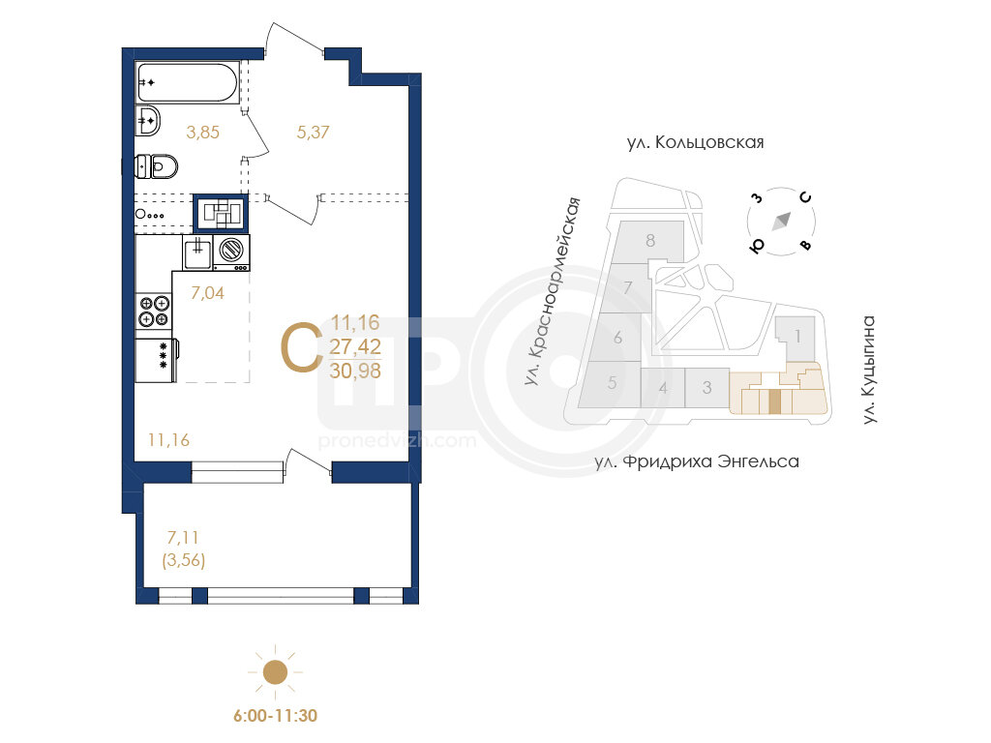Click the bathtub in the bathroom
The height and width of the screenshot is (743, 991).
pyautogui.click(x=188, y=82)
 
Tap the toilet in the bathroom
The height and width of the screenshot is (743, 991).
pyautogui.click(x=156, y=166)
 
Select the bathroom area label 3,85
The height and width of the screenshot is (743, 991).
pyautogui.click(x=203, y=132)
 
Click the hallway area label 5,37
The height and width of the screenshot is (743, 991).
pyautogui.click(x=313, y=132)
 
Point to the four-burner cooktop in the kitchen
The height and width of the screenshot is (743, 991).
pyautogui.click(x=154, y=312)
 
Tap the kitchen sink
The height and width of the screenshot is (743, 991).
pyautogui.click(x=197, y=253)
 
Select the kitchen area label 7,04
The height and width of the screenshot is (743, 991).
pyautogui.click(x=207, y=292)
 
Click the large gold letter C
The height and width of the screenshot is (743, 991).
pyautogui.click(x=302, y=347)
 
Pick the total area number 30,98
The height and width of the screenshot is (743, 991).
pyautogui.click(x=355, y=371)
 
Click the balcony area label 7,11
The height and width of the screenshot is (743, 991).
pyautogui.click(x=183, y=538)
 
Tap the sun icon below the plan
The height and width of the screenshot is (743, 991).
pyautogui.click(x=275, y=671)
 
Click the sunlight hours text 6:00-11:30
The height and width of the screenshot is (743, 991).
pyautogui.click(x=275, y=716)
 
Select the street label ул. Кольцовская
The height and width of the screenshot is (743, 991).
pyautogui.click(x=695, y=143)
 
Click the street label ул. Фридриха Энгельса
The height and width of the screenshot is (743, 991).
pyautogui.click(x=697, y=461)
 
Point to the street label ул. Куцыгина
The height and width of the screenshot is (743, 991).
pyautogui.click(x=870, y=370)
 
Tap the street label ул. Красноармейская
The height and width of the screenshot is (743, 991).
pyautogui.click(x=552, y=291)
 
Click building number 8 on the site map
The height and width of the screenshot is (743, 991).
pyautogui.click(x=650, y=241)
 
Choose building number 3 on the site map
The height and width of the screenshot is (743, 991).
pyautogui.click(x=707, y=387)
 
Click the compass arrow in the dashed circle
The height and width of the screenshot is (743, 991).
pyautogui.click(x=782, y=222)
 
